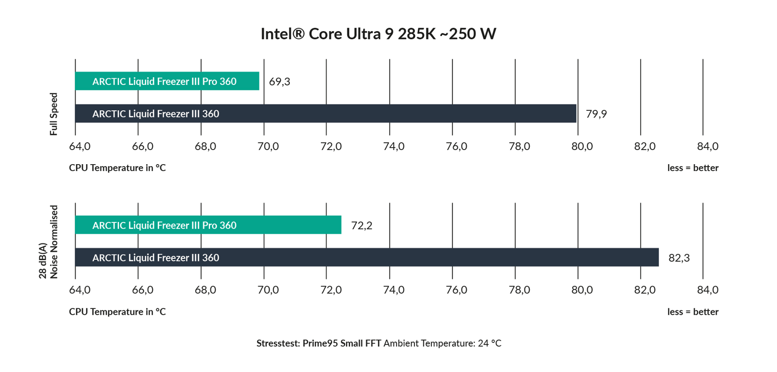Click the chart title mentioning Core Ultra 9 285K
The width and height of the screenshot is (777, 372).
[378, 34]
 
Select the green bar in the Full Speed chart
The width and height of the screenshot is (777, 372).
[167, 81]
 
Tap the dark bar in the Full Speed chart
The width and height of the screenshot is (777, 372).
[325, 114]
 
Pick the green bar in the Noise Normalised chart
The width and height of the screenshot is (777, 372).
[208, 225]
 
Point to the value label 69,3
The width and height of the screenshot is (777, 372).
[279, 82]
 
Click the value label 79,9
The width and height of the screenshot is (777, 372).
[596, 114]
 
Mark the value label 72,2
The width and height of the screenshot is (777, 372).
[361, 225]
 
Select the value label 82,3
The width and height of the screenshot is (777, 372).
[678, 258]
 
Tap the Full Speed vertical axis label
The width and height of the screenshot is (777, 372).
[53, 114]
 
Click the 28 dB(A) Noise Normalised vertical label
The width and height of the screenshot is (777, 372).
[49, 242]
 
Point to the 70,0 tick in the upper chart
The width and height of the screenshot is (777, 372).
[268, 146]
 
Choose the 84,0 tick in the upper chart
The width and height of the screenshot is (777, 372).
[707, 146]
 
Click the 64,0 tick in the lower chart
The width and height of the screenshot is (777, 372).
[80, 290]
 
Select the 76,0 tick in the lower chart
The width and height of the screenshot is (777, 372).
[456, 290]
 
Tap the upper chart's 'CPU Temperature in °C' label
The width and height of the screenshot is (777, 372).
[117, 168]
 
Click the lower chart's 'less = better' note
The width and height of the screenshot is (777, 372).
[693, 312]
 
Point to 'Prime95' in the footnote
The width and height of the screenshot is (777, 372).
[320, 343]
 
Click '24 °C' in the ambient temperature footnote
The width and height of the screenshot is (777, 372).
[489, 343]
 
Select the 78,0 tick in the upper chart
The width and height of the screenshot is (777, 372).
[519, 146]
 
